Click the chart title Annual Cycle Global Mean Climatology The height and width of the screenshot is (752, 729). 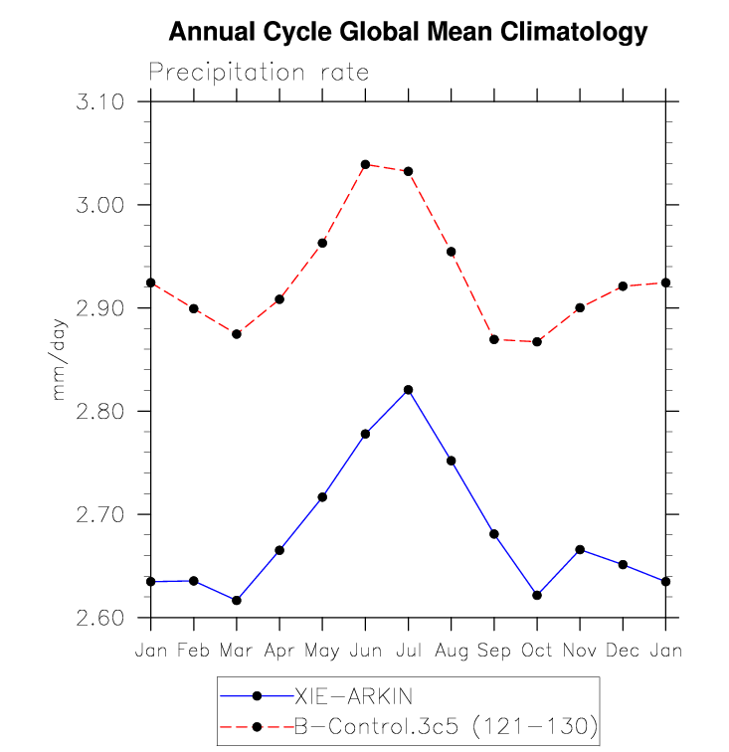(x=408, y=33)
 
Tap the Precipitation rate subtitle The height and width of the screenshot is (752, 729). (x=259, y=73)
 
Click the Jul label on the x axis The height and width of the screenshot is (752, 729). (x=408, y=651)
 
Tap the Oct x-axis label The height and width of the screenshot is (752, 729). (x=537, y=651)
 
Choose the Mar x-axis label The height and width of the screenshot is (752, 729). (x=237, y=651)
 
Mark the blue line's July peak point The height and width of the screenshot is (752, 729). (x=408, y=390)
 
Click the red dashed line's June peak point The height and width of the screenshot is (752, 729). (x=365, y=164)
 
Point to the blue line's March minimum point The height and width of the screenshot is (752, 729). (x=237, y=601)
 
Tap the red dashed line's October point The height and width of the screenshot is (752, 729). (x=537, y=342)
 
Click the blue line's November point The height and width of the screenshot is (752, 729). (x=580, y=550)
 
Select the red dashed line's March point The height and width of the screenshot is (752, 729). (x=237, y=334)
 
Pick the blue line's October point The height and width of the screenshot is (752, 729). (x=537, y=595)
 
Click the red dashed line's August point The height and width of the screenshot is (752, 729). (x=451, y=252)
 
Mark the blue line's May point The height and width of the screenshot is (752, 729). (x=322, y=497)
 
